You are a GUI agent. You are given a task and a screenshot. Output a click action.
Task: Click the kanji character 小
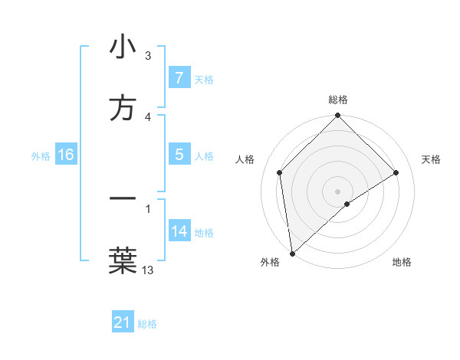[x=123, y=47]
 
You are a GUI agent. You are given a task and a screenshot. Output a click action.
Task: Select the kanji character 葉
[x=123, y=260]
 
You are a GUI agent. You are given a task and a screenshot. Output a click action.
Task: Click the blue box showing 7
[x=179, y=78]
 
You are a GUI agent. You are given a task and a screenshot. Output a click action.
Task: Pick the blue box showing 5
[x=179, y=155]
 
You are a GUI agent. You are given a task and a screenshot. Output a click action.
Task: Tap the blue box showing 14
[x=179, y=231]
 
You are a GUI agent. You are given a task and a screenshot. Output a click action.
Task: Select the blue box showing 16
[x=65, y=155]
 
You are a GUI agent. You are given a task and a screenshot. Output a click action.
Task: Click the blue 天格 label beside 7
[x=203, y=79]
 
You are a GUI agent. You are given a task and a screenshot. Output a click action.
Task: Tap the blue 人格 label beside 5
[x=203, y=155]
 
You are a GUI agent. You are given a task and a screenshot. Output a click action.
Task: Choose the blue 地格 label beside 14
[x=203, y=232]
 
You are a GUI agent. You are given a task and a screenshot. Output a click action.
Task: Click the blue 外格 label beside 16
[x=41, y=155]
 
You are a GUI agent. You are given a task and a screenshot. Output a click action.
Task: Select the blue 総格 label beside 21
[x=147, y=323]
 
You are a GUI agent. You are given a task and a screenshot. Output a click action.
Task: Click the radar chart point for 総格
[x=337, y=116]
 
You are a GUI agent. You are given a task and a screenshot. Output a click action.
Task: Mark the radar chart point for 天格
[x=396, y=172]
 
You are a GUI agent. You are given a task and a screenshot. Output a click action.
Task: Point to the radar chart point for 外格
[x=291, y=254]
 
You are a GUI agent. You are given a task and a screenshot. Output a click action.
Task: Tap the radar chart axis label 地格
[x=402, y=262]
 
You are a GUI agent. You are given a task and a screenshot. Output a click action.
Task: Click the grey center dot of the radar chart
[x=337, y=191]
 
